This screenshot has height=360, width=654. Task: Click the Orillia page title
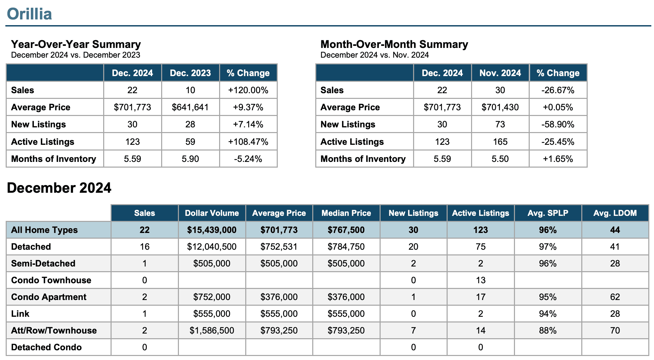click(x=29, y=14)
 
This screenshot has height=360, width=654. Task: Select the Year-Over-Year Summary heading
click(x=76, y=44)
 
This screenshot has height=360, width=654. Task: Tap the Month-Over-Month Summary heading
click(x=394, y=44)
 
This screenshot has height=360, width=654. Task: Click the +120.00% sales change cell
click(x=248, y=90)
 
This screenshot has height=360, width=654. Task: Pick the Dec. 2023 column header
click(x=190, y=73)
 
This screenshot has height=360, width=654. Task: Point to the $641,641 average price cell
click(x=190, y=107)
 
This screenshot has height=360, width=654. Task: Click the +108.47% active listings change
click(x=248, y=142)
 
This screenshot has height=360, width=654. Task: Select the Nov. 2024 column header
click(x=500, y=73)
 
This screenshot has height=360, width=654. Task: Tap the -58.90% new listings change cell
click(x=558, y=124)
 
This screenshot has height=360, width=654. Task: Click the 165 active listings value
click(x=500, y=142)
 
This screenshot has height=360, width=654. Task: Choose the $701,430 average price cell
click(x=500, y=107)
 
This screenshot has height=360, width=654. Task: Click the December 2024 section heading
click(x=59, y=188)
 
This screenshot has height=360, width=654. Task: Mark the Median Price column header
click(x=346, y=213)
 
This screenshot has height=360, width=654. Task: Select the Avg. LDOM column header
click(x=615, y=213)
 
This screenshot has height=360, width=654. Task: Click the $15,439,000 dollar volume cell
click(x=212, y=230)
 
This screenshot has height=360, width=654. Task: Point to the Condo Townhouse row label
click(x=51, y=280)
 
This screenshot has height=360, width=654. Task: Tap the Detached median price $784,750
click(x=346, y=247)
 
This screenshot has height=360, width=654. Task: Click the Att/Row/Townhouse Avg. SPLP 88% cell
click(x=548, y=331)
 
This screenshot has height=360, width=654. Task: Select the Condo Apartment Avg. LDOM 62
click(x=615, y=297)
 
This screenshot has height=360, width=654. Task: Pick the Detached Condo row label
click(x=46, y=347)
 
